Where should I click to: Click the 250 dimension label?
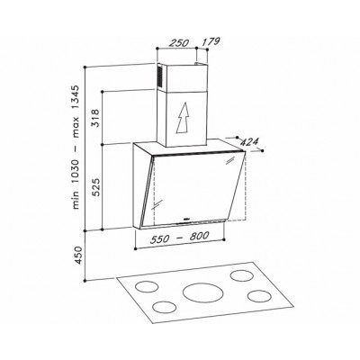coord(178,42)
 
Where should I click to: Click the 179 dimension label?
coord(211,41)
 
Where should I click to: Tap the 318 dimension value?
coord(94,118)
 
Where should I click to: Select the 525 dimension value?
coord(94,186)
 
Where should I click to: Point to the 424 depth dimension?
coord(249,142)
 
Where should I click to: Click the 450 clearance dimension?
coord(77,255)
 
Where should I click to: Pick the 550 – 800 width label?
coord(179,238)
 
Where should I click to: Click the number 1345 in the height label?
coord(76,98)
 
